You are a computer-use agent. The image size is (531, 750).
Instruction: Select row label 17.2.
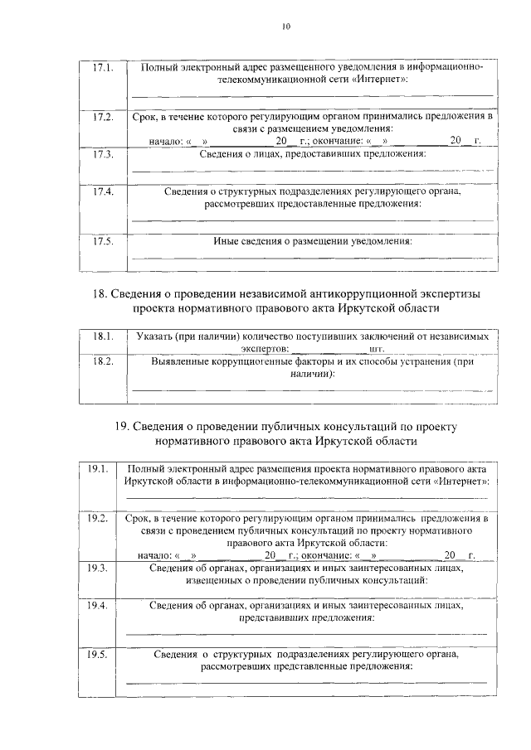tap(103, 117)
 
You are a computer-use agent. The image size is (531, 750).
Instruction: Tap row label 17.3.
tap(103, 154)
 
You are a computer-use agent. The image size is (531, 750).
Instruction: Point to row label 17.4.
tap(103, 191)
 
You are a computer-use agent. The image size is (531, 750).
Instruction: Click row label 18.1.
tap(103, 336)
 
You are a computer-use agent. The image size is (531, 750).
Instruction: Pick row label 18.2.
tap(103, 362)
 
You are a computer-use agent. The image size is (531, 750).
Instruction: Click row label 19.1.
tap(98, 469)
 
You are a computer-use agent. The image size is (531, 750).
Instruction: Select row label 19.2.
tap(98, 518)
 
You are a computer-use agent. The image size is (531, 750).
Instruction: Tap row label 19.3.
tap(98, 568)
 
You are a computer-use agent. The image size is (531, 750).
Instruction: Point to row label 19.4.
tap(98, 606)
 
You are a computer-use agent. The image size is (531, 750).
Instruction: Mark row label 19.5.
tap(98, 655)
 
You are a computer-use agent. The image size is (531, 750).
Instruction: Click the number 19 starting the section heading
tap(121, 426)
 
